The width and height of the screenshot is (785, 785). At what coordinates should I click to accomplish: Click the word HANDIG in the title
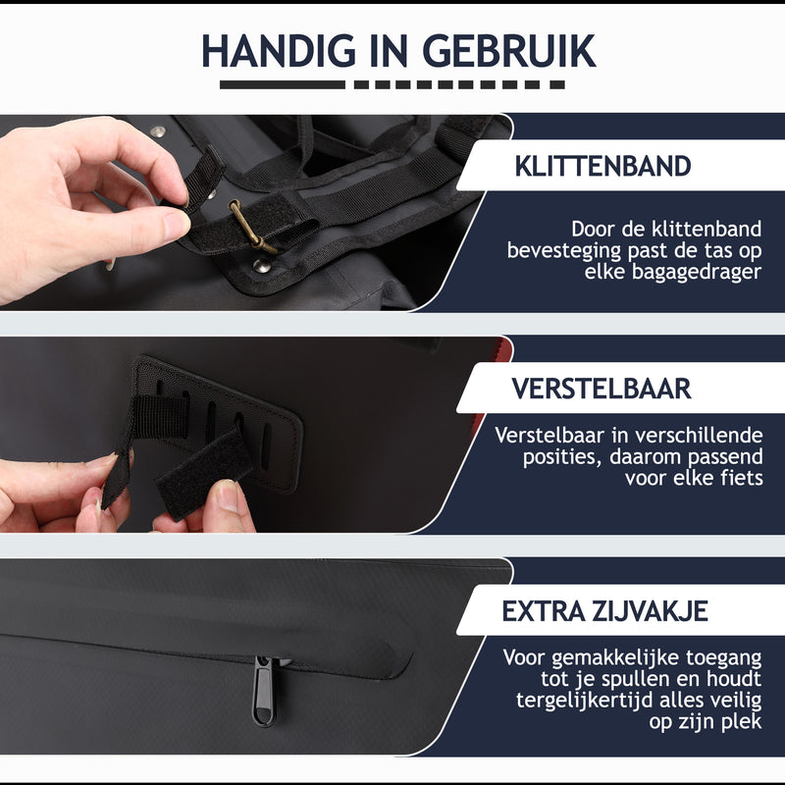click(x=278, y=51)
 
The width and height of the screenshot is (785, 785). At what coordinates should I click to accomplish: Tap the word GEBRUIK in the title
click(x=509, y=51)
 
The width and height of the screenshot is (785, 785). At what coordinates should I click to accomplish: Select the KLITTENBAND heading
click(x=602, y=166)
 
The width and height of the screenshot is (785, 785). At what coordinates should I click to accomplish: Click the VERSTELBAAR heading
click(x=602, y=389)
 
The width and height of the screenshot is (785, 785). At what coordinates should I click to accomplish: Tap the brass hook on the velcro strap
click(x=251, y=227)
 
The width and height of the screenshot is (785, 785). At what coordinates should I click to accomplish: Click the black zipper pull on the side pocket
click(x=263, y=691)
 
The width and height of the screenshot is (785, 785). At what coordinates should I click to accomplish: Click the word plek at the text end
click(x=742, y=721)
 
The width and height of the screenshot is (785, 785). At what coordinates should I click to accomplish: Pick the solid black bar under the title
click(x=283, y=85)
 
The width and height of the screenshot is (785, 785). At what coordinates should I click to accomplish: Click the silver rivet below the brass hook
click(x=260, y=266)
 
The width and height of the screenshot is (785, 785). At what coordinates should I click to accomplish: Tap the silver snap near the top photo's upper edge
click(x=158, y=131)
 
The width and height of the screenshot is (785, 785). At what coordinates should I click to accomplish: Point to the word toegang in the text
click(x=723, y=658)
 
